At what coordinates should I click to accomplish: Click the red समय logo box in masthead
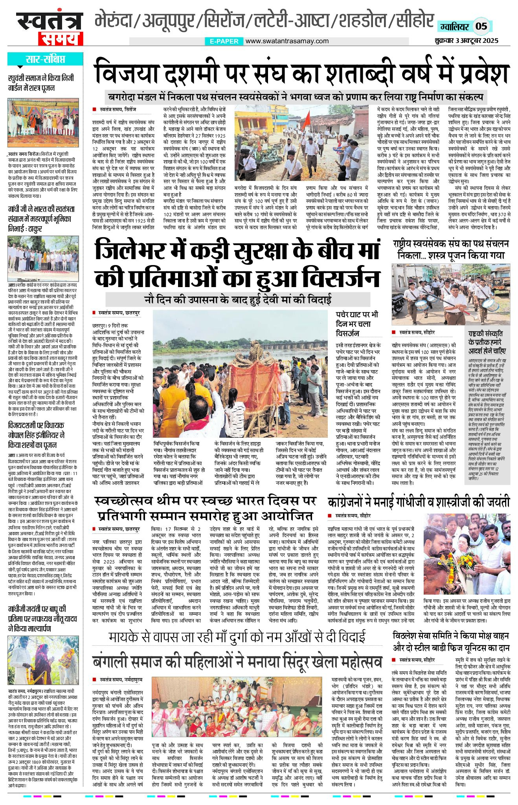[x=61, y=39]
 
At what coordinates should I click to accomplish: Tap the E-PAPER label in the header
[x=224, y=41]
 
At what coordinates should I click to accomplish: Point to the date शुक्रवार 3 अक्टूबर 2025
[x=467, y=41]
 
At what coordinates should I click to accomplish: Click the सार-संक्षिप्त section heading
[x=45, y=59]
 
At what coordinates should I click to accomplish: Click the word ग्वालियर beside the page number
[x=454, y=27]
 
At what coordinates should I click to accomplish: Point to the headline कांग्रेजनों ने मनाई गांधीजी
[x=419, y=502]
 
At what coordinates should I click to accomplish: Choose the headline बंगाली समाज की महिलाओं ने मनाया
[x=237, y=662]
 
